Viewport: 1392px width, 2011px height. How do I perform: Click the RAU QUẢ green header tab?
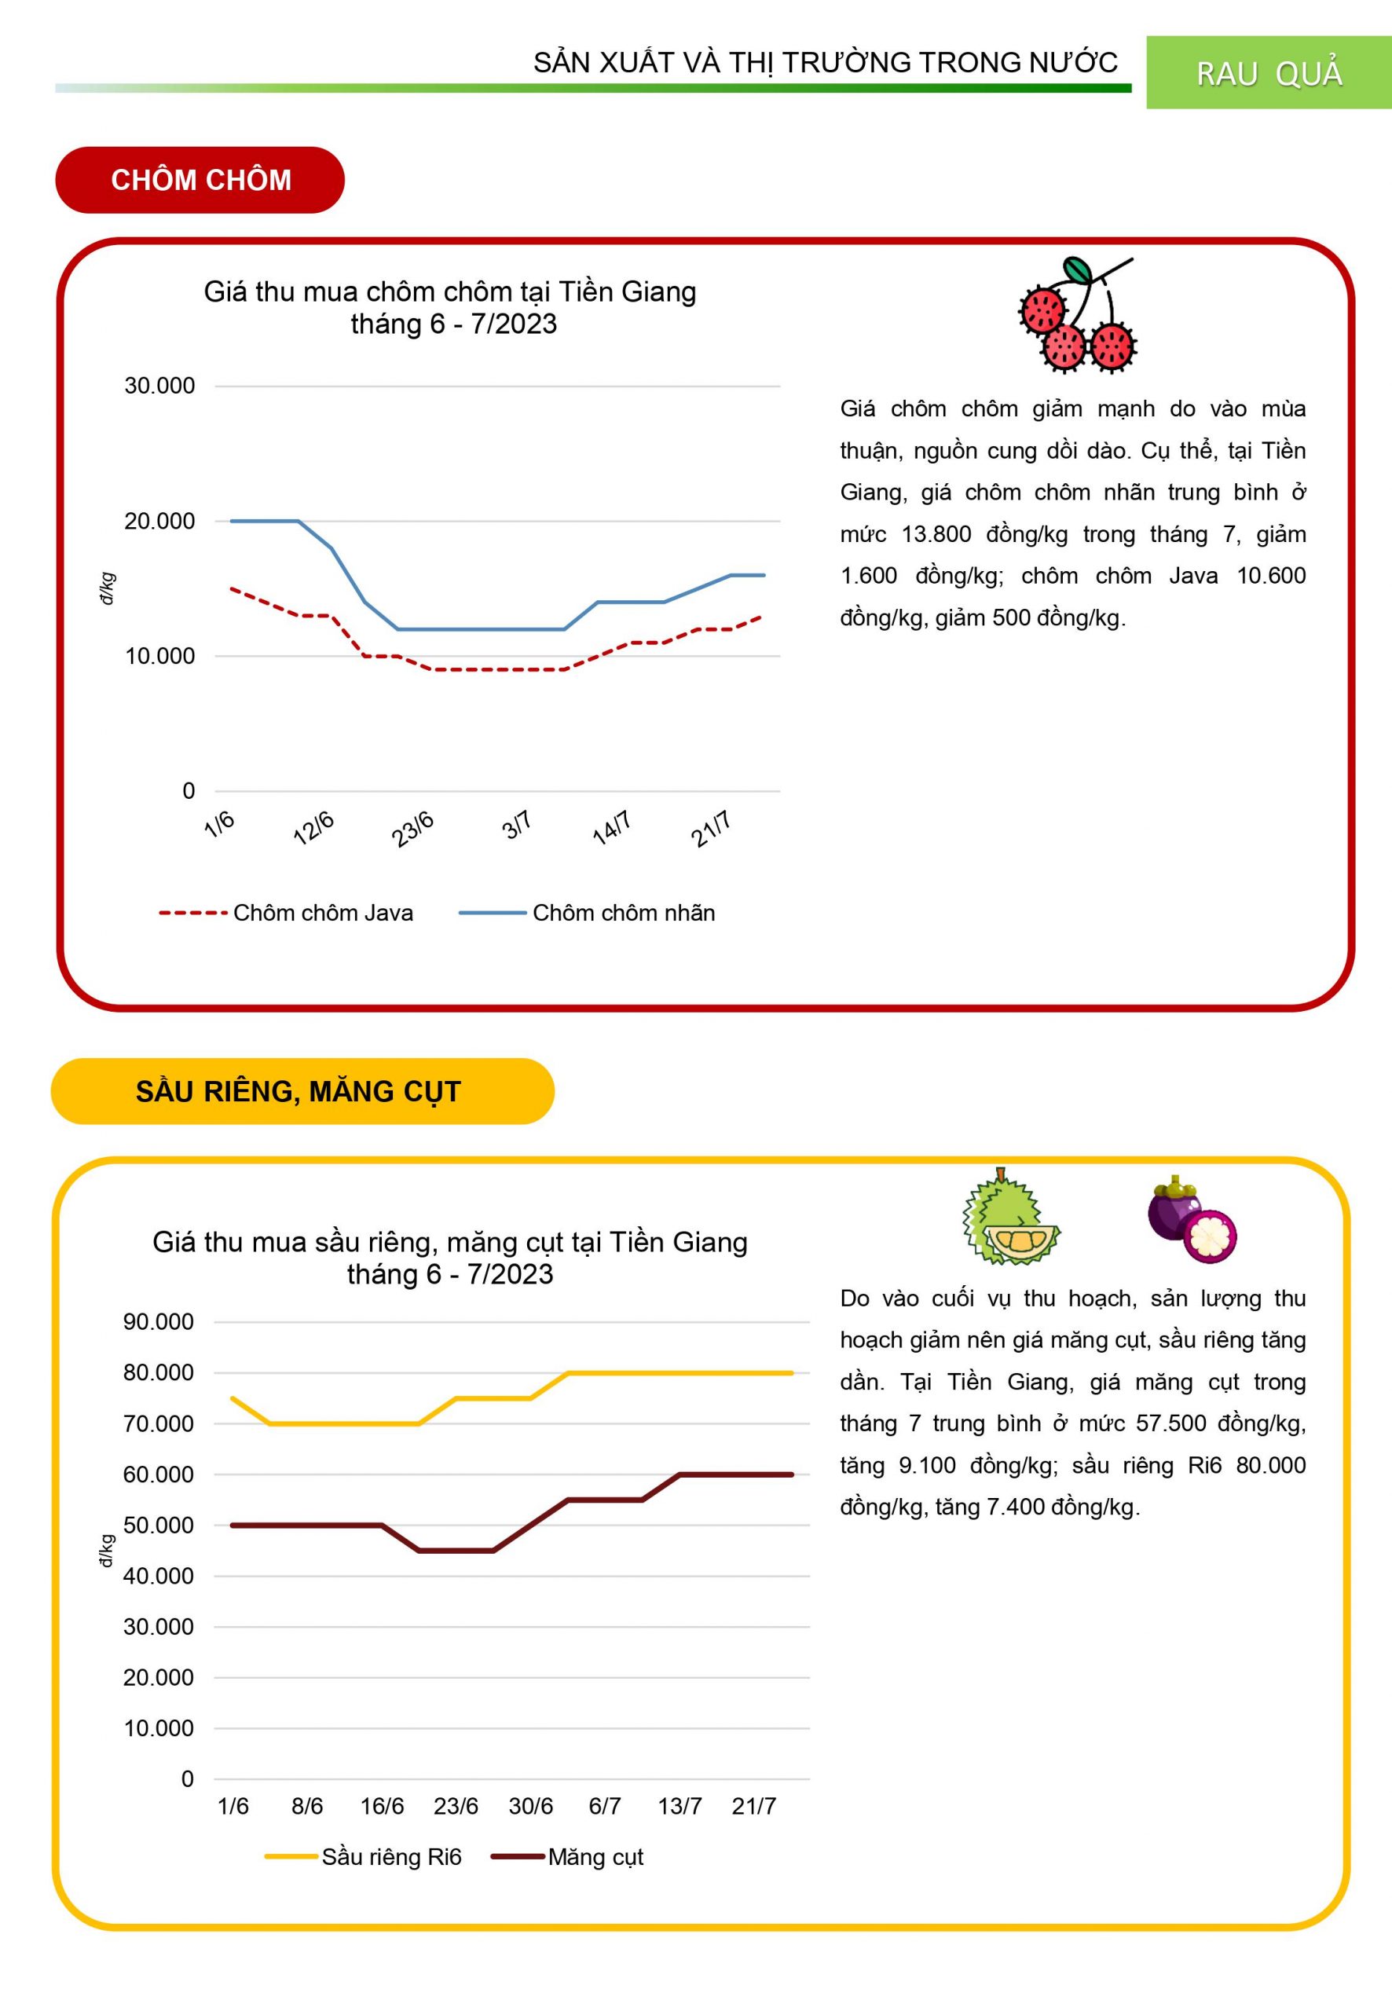tap(1268, 72)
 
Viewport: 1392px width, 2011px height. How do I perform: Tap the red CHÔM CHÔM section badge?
tap(200, 180)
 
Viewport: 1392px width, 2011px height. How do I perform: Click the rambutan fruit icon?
tap(1078, 315)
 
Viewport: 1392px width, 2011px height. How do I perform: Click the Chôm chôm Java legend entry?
tap(322, 913)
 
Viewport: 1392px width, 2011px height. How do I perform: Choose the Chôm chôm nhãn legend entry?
tap(623, 913)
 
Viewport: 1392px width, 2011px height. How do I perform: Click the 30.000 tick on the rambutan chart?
tap(159, 386)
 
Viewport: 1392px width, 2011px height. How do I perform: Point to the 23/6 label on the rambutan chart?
tap(412, 829)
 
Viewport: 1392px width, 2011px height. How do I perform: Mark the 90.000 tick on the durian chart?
tap(159, 1322)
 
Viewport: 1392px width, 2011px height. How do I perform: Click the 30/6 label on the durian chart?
tap(530, 1806)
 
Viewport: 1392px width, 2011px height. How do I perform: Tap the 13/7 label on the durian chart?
tap(680, 1806)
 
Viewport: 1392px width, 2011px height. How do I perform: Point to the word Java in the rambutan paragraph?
tap(1192, 576)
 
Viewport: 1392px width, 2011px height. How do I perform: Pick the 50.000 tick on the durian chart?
tap(159, 1526)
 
